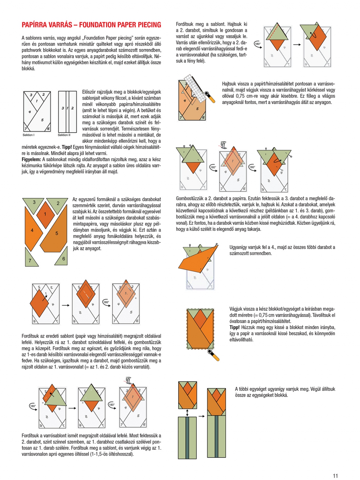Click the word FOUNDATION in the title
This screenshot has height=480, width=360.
point(98,25)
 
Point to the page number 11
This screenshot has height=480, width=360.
point(335,475)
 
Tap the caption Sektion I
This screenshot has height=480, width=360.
point(28,135)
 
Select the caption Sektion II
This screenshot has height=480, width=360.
point(64,135)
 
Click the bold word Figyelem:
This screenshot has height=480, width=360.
point(31,160)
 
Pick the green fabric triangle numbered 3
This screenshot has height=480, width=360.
point(34,204)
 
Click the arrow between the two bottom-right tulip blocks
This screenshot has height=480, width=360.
point(201,416)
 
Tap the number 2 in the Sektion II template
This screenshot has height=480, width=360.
point(72,108)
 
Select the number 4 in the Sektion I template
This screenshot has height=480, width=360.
point(30,112)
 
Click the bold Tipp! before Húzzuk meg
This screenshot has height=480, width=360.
point(234,327)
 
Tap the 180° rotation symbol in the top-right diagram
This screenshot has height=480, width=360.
point(258,44)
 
